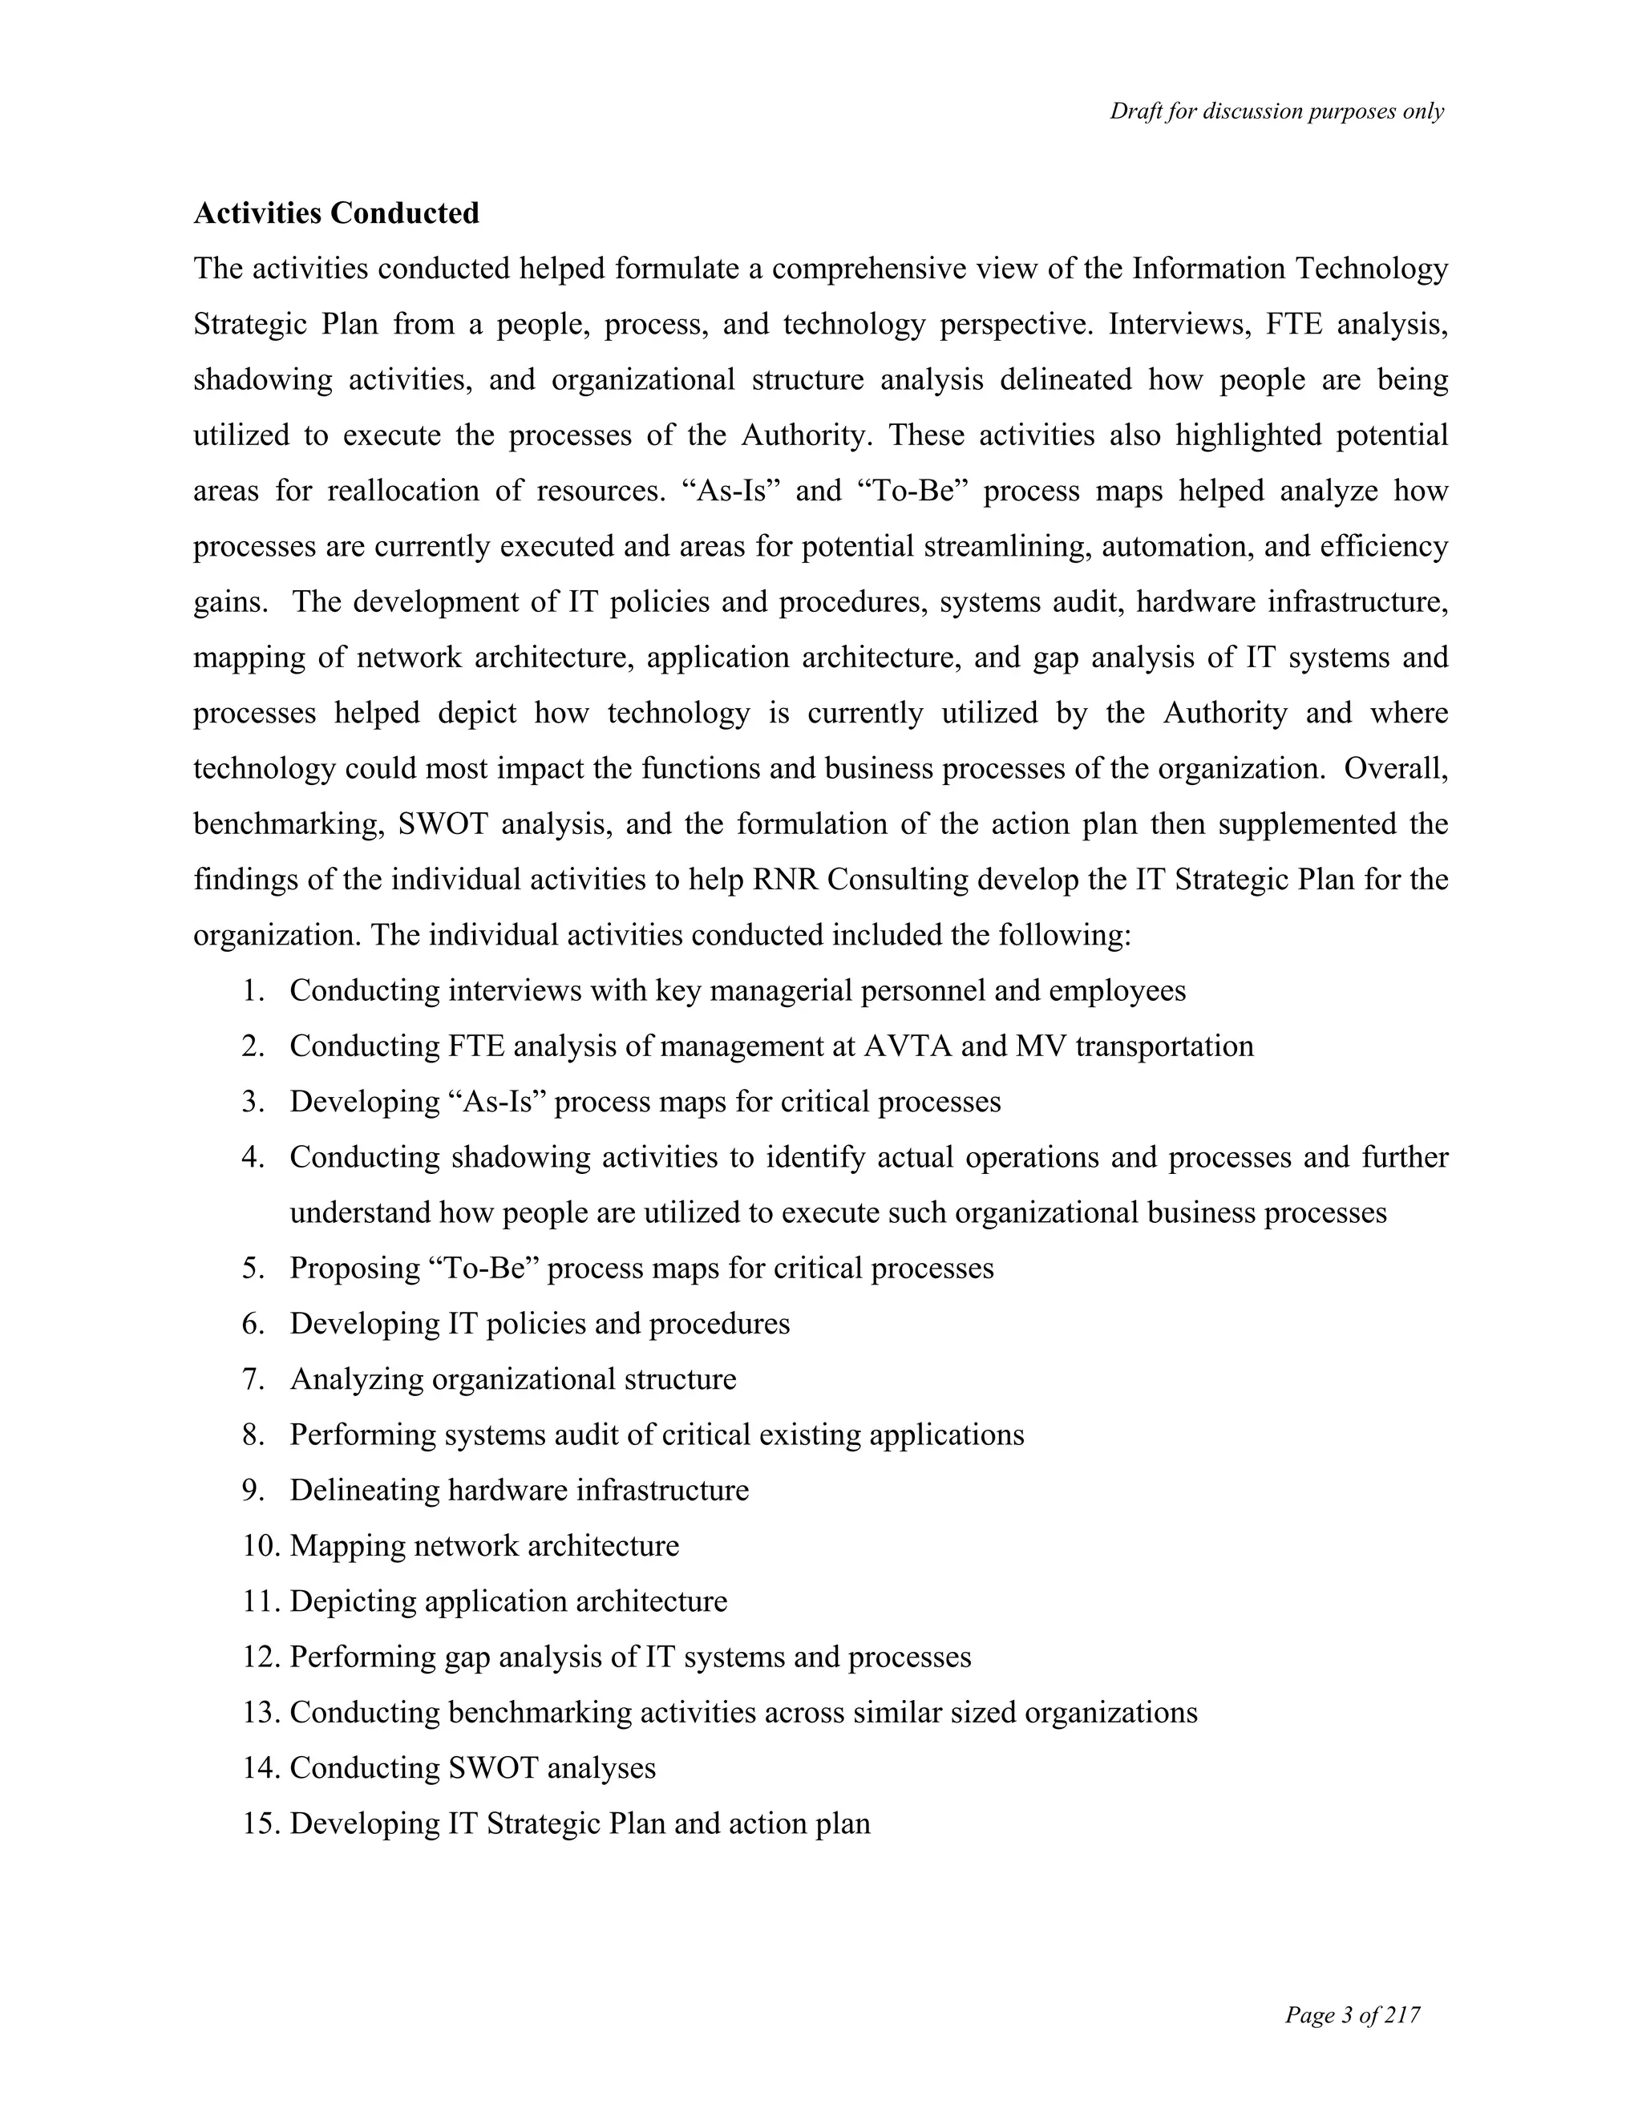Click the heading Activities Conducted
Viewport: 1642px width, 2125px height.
click(336, 213)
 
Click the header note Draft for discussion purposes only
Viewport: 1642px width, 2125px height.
click(1276, 112)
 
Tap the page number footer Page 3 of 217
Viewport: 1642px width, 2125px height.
click(1352, 2015)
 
